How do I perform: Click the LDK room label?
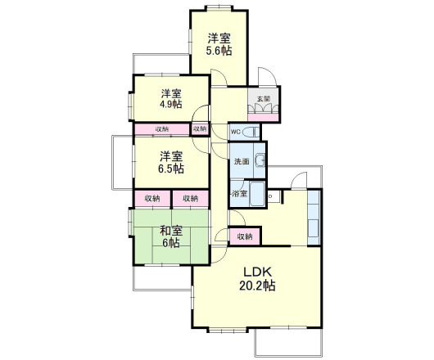click(257, 272)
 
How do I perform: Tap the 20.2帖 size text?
click(257, 286)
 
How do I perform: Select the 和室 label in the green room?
click(171, 231)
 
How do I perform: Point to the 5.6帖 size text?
click(219, 51)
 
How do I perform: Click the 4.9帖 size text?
click(171, 104)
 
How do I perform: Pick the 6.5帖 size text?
click(171, 169)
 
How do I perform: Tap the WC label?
click(235, 132)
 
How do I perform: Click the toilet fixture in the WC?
click(251, 133)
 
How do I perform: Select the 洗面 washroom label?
click(242, 161)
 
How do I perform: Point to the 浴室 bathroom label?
click(240, 194)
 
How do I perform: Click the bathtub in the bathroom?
click(257, 194)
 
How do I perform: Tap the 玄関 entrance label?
click(263, 98)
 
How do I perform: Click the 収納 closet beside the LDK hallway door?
click(245, 236)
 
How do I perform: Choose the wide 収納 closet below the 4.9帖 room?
click(162, 129)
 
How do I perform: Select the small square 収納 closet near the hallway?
click(200, 129)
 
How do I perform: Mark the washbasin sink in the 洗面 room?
click(260, 160)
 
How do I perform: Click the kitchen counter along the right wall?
click(314, 217)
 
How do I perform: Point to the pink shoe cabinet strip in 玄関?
click(263, 117)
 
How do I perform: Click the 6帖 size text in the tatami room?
click(171, 243)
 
